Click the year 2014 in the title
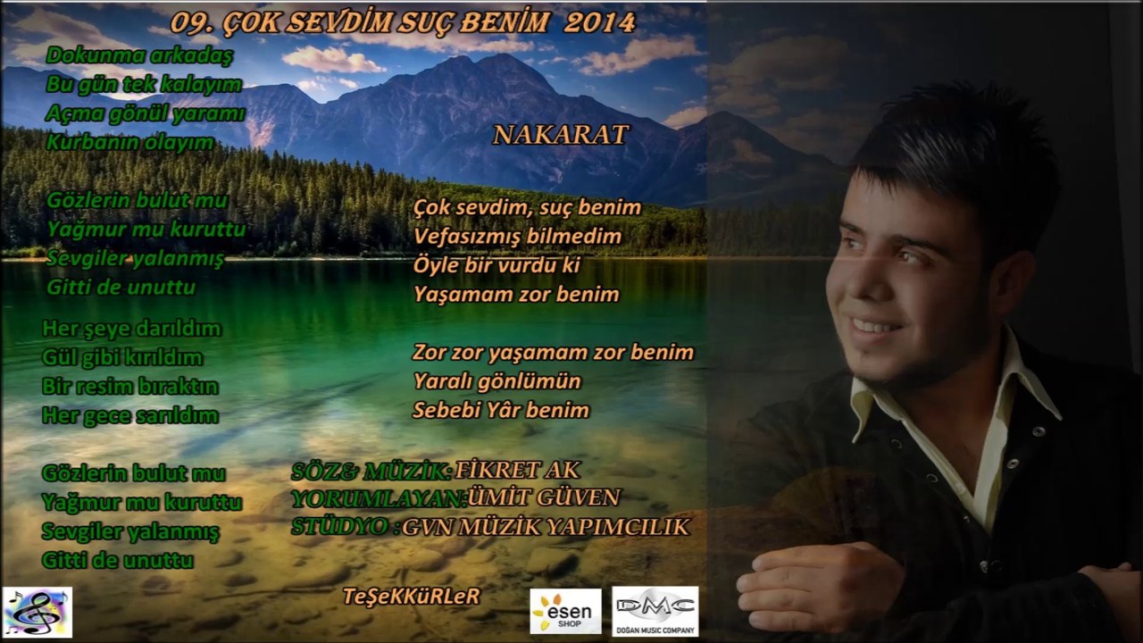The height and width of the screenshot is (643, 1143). click(600, 22)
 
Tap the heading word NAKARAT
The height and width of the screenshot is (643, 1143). click(561, 135)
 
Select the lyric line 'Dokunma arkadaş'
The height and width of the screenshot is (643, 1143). click(139, 55)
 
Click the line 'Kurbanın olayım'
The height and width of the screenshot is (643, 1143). click(130, 142)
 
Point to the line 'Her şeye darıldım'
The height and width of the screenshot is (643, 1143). click(131, 329)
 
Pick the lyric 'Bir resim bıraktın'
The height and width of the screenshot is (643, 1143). click(130, 387)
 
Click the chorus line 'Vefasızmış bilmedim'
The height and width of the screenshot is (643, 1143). click(518, 237)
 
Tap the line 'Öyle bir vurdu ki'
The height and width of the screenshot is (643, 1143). click(497, 265)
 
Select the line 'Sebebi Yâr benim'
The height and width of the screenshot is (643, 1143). click(501, 410)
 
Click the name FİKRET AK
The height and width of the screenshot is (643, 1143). click(517, 470)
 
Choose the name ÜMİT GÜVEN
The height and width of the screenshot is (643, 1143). click(544, 497)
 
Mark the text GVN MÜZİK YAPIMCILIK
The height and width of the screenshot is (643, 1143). click(546, 527)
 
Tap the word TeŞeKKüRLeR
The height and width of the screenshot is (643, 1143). click(411, 596)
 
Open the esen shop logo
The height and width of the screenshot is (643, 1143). click(565, 611)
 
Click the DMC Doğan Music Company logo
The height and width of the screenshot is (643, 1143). click(655, 611)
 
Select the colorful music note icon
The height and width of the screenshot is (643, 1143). click(38, 612)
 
